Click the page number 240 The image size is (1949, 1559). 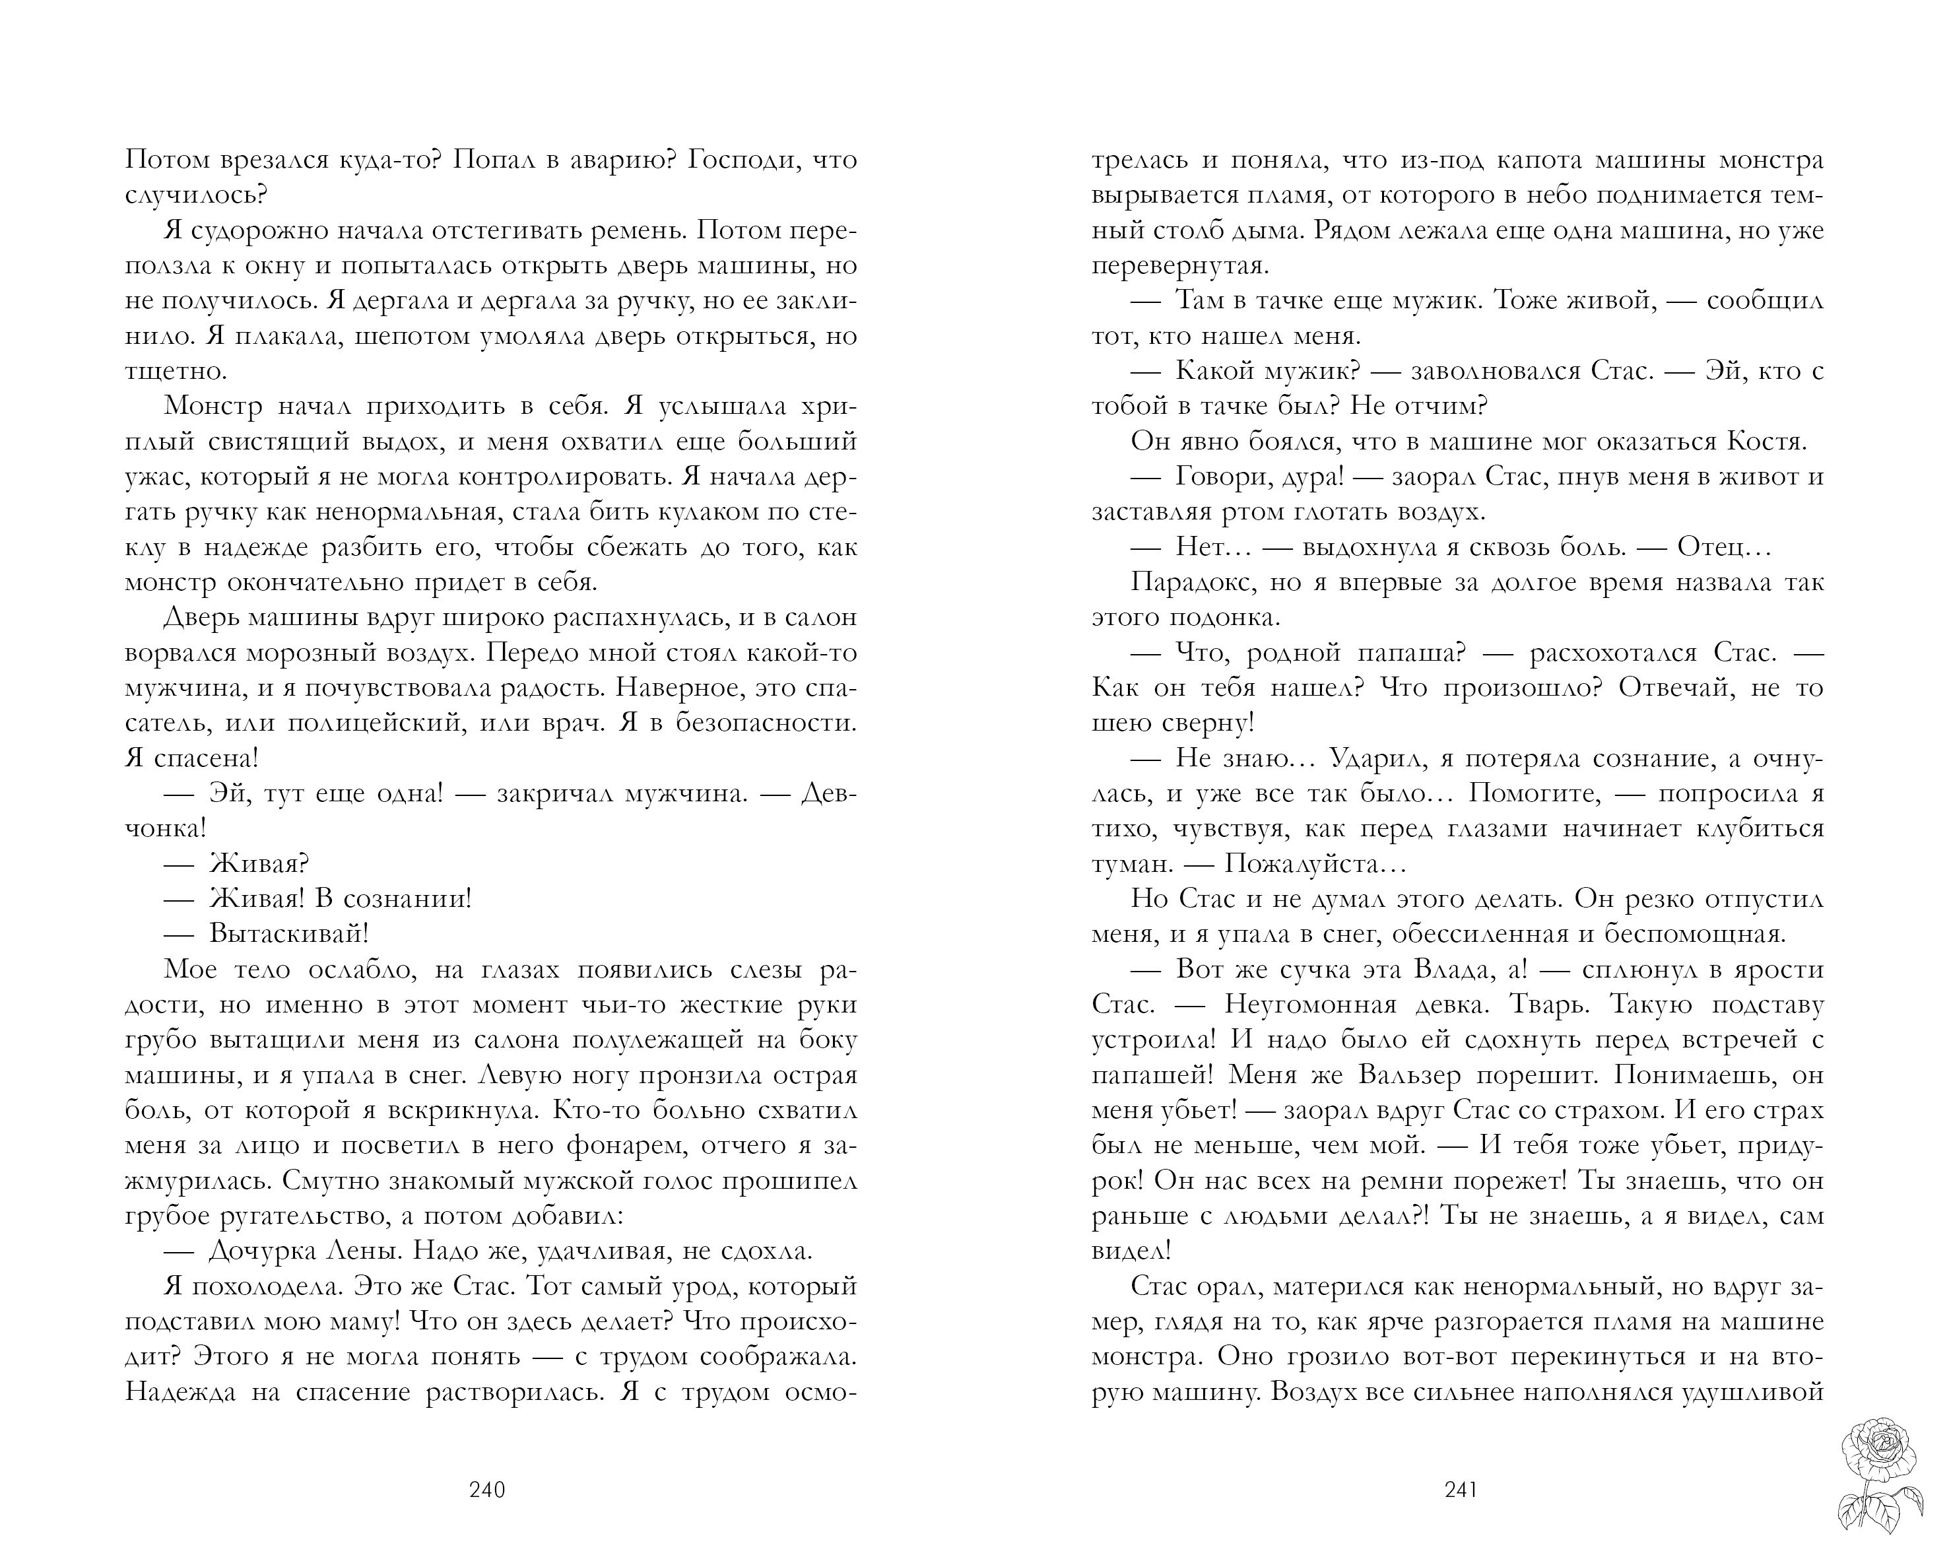tap(487, 1490)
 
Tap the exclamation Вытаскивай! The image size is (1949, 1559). tap(288, 933)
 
